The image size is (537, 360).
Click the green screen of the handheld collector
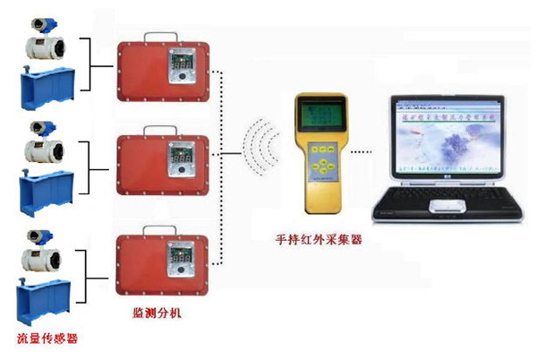click(320, 116)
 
